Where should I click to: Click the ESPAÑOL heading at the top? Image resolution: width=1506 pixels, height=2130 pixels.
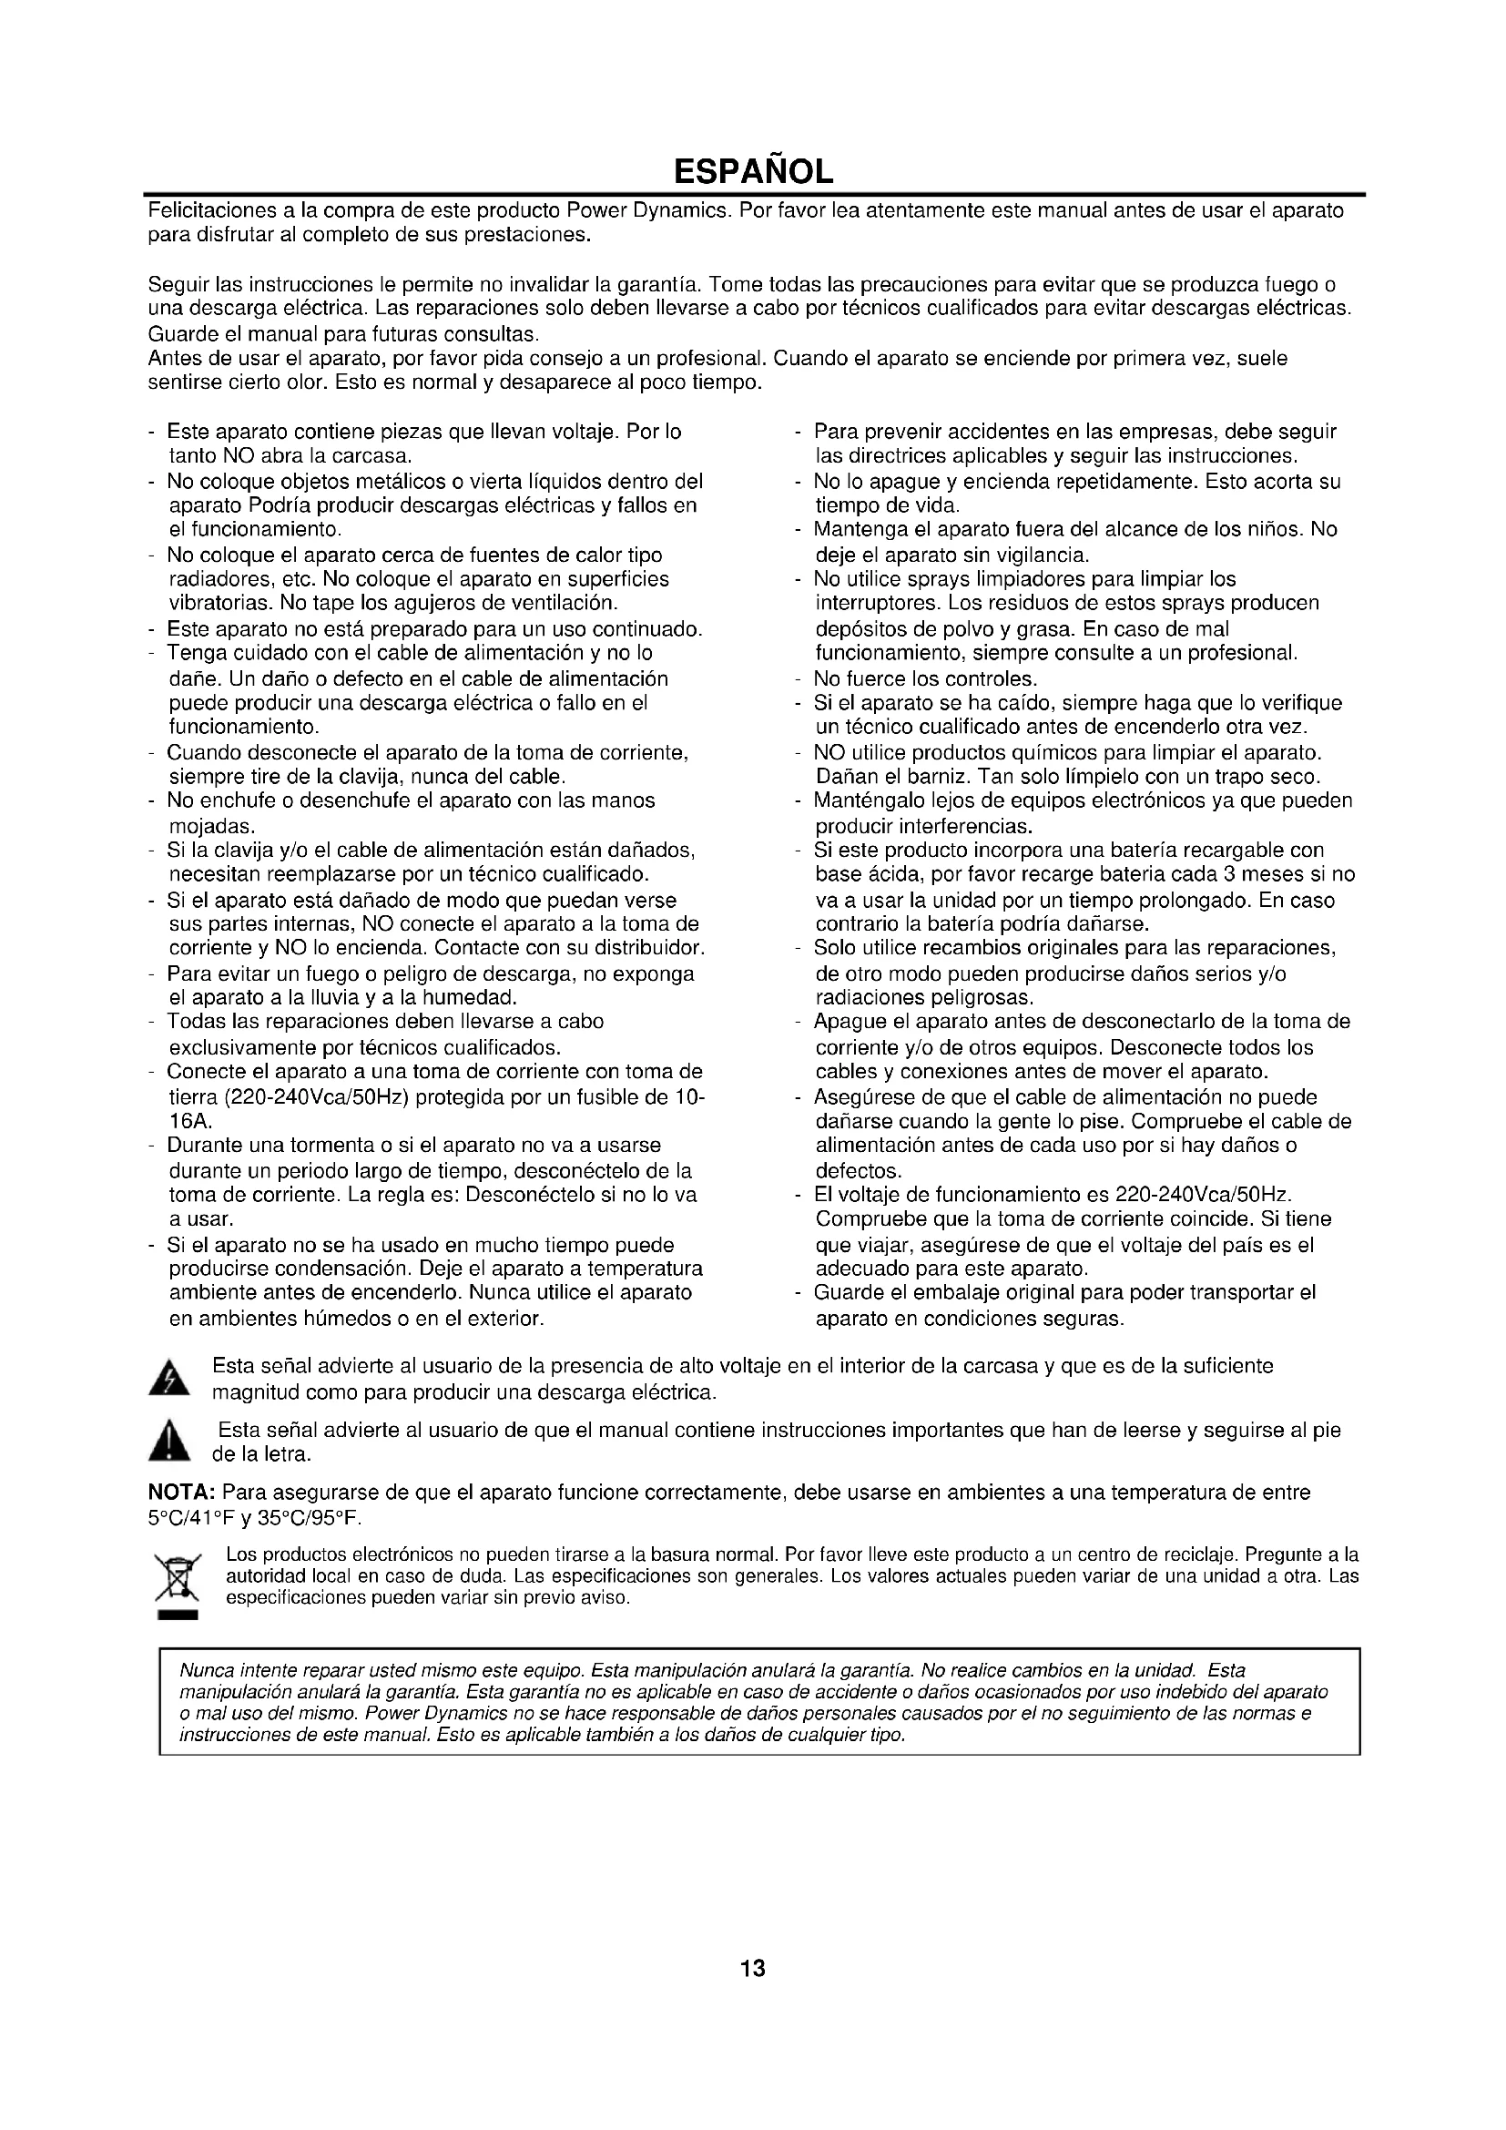[752, 171]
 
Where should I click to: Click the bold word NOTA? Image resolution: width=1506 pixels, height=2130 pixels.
[183, 1493]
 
